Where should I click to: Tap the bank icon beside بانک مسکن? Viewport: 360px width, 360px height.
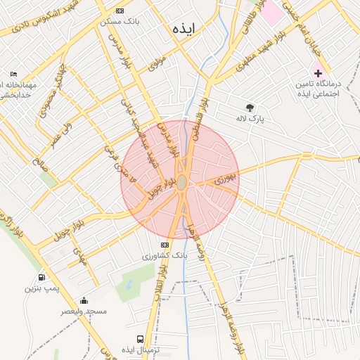120,11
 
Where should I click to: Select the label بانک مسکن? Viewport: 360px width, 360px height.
121,21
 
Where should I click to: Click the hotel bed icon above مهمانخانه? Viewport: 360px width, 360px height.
14,74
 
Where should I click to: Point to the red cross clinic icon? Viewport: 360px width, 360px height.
318,73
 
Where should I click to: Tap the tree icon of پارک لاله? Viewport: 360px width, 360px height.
247,108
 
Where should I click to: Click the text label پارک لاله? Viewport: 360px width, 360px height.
250,119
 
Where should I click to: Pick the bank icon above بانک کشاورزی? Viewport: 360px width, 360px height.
165,245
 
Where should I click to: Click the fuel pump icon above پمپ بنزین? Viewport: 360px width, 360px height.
42,278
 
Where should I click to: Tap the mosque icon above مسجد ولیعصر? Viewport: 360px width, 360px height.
84,301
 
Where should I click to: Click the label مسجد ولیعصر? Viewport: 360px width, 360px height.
84,311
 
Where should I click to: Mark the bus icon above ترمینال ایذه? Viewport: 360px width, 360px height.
139,339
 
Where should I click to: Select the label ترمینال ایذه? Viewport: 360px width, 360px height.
140,349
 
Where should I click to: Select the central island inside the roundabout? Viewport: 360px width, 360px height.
181,183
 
